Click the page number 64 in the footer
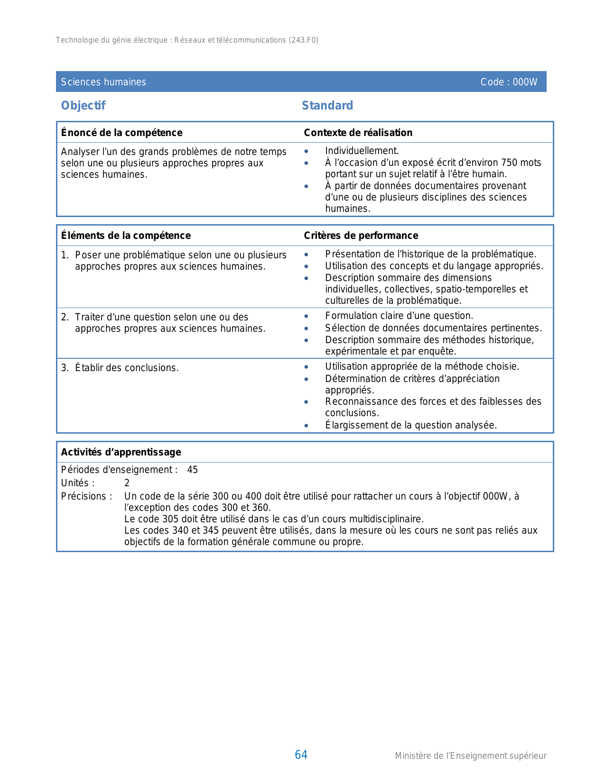(301, 755)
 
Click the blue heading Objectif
(83, 106)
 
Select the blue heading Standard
(327, 106)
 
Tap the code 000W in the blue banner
(525, 82)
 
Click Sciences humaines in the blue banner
(103, 82)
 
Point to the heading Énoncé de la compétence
(121, 133)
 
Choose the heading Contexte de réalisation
(358, 133)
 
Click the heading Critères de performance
(361, 236)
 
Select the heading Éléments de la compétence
(126, 236)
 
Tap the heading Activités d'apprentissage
(121, 452)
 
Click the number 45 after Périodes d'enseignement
(192, 470)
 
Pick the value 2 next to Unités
(127, 483)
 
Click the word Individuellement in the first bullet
(361, 151)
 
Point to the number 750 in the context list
(509, 163)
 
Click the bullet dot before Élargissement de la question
(307, 426)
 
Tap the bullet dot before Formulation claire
(307, 316)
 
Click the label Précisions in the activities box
(86, 497)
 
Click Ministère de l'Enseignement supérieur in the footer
(470, 756)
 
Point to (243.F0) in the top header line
(303, 40)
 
